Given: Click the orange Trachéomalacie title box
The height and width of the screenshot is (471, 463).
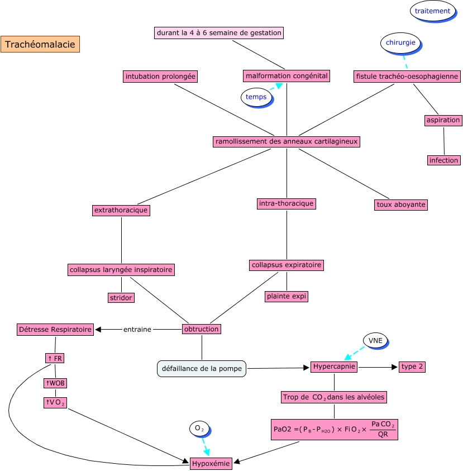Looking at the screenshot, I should point(40,44).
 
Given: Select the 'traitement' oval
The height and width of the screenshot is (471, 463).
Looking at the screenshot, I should point(432,11).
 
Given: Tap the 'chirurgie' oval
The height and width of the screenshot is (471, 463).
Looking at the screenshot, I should point(400,42).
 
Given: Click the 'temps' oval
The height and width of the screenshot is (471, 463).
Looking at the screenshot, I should point(256,97).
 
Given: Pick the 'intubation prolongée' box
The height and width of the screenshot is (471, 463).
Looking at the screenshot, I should point(161,76).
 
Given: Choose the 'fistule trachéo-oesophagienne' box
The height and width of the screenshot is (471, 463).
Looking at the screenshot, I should point(407,76).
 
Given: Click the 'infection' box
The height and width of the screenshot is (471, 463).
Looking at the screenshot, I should point(444,160).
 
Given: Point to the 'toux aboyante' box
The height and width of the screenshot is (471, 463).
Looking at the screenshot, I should point(401,204).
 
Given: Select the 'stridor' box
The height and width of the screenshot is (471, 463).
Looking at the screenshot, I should point(121,298).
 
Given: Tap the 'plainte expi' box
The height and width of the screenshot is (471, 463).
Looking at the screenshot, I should point(287,296).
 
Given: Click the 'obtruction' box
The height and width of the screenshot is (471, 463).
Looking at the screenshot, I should point(202,329).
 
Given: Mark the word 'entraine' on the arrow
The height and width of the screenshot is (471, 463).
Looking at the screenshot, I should point(137,330).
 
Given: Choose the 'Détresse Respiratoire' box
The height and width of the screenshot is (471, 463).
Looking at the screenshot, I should point(55,330).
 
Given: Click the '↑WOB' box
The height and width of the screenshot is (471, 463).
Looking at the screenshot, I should point(55,383).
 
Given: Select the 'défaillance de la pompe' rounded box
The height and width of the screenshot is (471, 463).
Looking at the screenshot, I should point(202,368).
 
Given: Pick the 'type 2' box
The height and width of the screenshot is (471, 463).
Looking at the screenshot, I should point(413,367).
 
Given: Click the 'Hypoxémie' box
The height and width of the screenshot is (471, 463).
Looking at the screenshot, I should point(211,463).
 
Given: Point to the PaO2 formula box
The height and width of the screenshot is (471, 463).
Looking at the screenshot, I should point(334,430).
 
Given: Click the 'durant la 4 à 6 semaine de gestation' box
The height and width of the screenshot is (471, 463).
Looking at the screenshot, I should point(219,33).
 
